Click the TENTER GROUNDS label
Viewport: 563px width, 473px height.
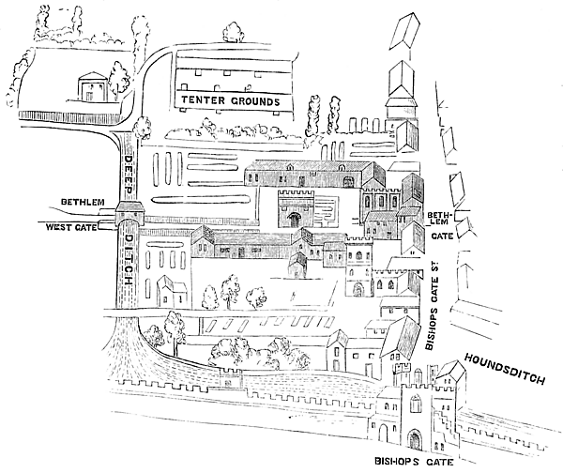click(x=231, y=100)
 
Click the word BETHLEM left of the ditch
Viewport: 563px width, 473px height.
click(x=81, y=203)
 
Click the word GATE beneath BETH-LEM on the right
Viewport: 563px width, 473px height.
click(x=436, y=239)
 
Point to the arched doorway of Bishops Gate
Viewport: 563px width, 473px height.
click(x=414, y=439)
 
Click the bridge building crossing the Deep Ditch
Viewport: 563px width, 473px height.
click(x=129, y=221)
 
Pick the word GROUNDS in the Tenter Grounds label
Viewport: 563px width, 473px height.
click(x=251, y=100)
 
